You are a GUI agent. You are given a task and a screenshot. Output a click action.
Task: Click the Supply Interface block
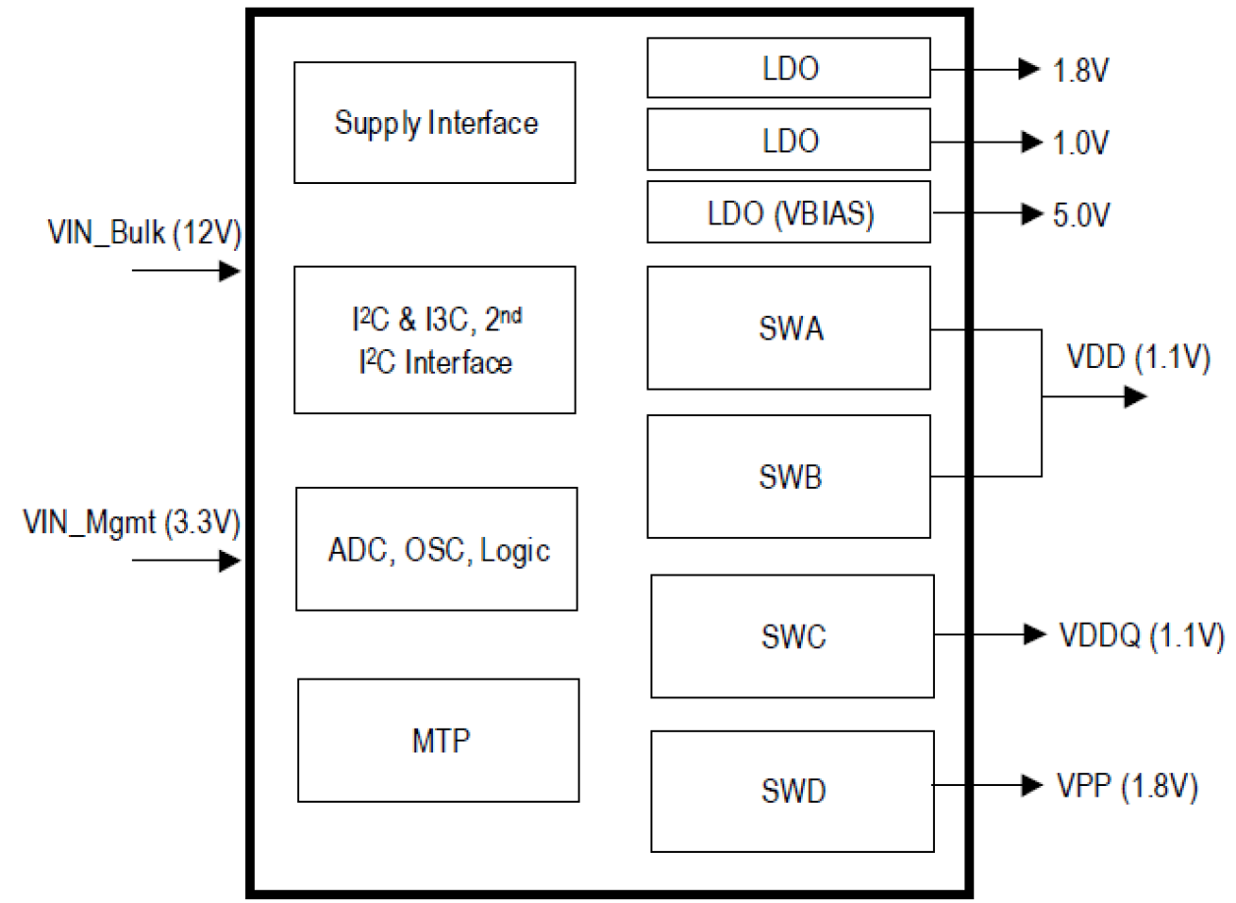click(434, 123)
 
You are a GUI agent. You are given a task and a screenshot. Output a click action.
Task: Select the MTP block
click(438, 740)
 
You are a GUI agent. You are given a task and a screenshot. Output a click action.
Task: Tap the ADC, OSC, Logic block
click(436, 549)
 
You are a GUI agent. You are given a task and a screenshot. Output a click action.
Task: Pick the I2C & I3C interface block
click(434, 339)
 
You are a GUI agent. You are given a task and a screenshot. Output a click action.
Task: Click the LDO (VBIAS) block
click(788, 211)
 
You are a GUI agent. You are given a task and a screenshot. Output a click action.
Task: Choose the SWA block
click(788, 328)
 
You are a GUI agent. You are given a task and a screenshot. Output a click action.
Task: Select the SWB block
click(788, 476)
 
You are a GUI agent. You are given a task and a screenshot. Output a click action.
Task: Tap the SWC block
click(792, 635)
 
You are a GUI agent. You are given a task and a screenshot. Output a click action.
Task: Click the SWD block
click(792, 791)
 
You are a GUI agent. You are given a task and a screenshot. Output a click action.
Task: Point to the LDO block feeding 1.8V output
click(788, 68)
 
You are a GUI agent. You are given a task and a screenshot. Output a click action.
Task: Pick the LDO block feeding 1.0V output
click(788, 140)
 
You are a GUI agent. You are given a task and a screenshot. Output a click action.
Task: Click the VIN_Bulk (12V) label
click(144, 233)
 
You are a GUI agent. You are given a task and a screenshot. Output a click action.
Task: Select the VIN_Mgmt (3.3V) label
click(131, 523)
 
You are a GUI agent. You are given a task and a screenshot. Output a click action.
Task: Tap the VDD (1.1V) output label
click(1139, 358)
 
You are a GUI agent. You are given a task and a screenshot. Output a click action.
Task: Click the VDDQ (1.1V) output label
click(1141, 635)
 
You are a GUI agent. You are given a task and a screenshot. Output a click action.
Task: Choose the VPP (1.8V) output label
click(1128, 787)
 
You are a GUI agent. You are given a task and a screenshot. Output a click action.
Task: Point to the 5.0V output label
click(1081, 214)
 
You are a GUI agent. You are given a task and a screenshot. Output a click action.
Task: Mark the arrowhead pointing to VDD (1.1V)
click(1136, 397)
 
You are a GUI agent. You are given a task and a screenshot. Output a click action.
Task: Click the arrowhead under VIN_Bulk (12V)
click(230, 271)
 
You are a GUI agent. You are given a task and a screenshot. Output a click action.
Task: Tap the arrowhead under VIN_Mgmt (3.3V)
click(230, 562)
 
